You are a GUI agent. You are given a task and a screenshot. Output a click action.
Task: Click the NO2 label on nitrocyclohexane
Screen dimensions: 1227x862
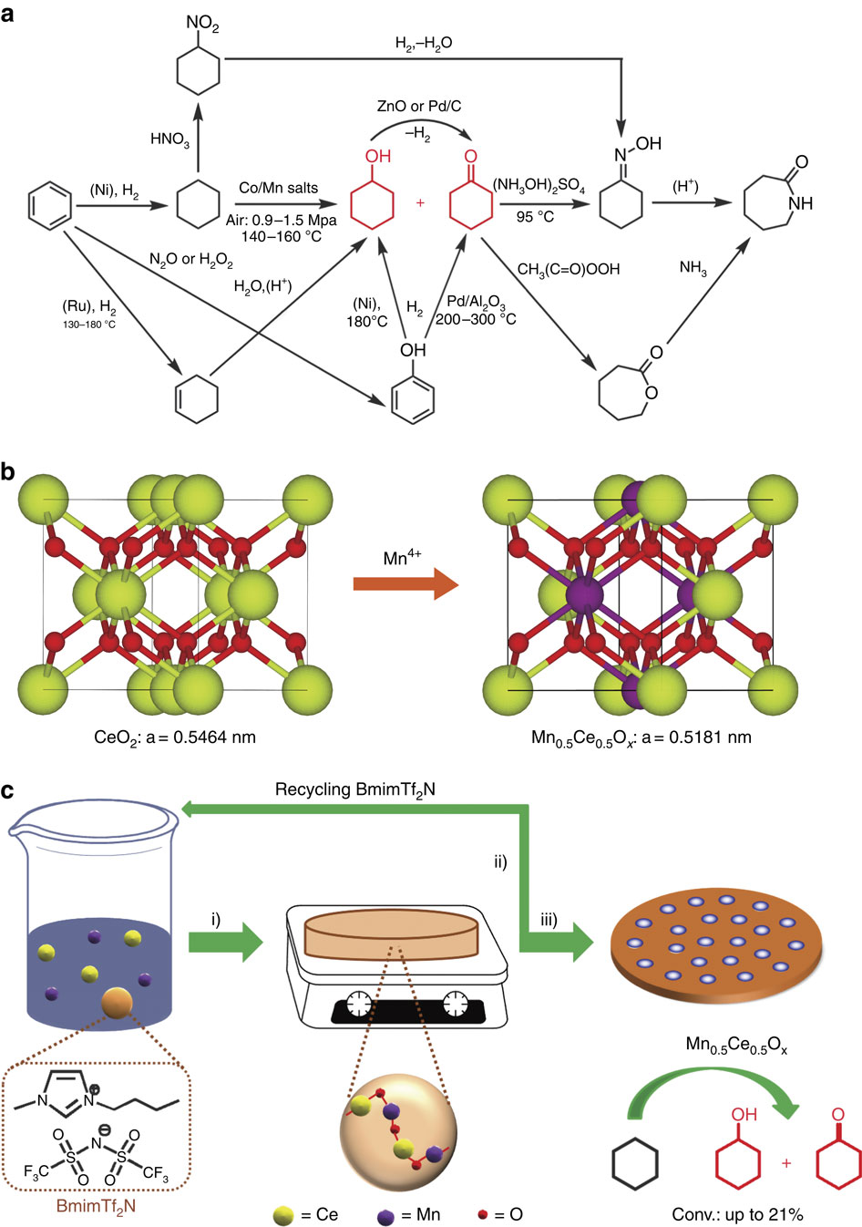coord(202,23)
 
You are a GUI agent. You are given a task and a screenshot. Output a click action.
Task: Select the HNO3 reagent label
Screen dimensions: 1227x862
coord(169,139)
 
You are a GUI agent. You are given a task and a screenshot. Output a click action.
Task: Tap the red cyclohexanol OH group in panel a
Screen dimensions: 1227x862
coord(378,156)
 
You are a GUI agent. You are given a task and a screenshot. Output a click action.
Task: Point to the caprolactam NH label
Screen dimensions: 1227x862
coord(801,203)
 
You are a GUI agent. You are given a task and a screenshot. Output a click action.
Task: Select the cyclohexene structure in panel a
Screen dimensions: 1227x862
coord(197,401)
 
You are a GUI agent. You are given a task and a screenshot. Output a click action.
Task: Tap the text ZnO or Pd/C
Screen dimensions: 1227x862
coord(419,106)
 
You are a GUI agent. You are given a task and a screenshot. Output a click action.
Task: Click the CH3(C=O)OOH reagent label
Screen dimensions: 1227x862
coord(569,269)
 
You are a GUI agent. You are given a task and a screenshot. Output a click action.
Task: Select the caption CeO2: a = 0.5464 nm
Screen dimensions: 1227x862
coord(175,737)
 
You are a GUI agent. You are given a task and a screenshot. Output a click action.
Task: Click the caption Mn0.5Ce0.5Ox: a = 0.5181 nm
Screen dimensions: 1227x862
coord(641,737)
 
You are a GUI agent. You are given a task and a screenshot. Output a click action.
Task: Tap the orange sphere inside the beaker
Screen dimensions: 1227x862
coord(118,1003)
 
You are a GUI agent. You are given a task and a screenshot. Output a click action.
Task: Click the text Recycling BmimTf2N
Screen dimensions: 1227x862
coord(355,789)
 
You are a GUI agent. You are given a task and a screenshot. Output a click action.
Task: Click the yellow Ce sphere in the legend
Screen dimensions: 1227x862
coord(284,1215)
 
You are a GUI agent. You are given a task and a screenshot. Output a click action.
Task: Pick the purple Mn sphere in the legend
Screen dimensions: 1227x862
coord(385,1215)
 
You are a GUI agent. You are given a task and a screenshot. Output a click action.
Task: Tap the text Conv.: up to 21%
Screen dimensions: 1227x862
coord(737,1214)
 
